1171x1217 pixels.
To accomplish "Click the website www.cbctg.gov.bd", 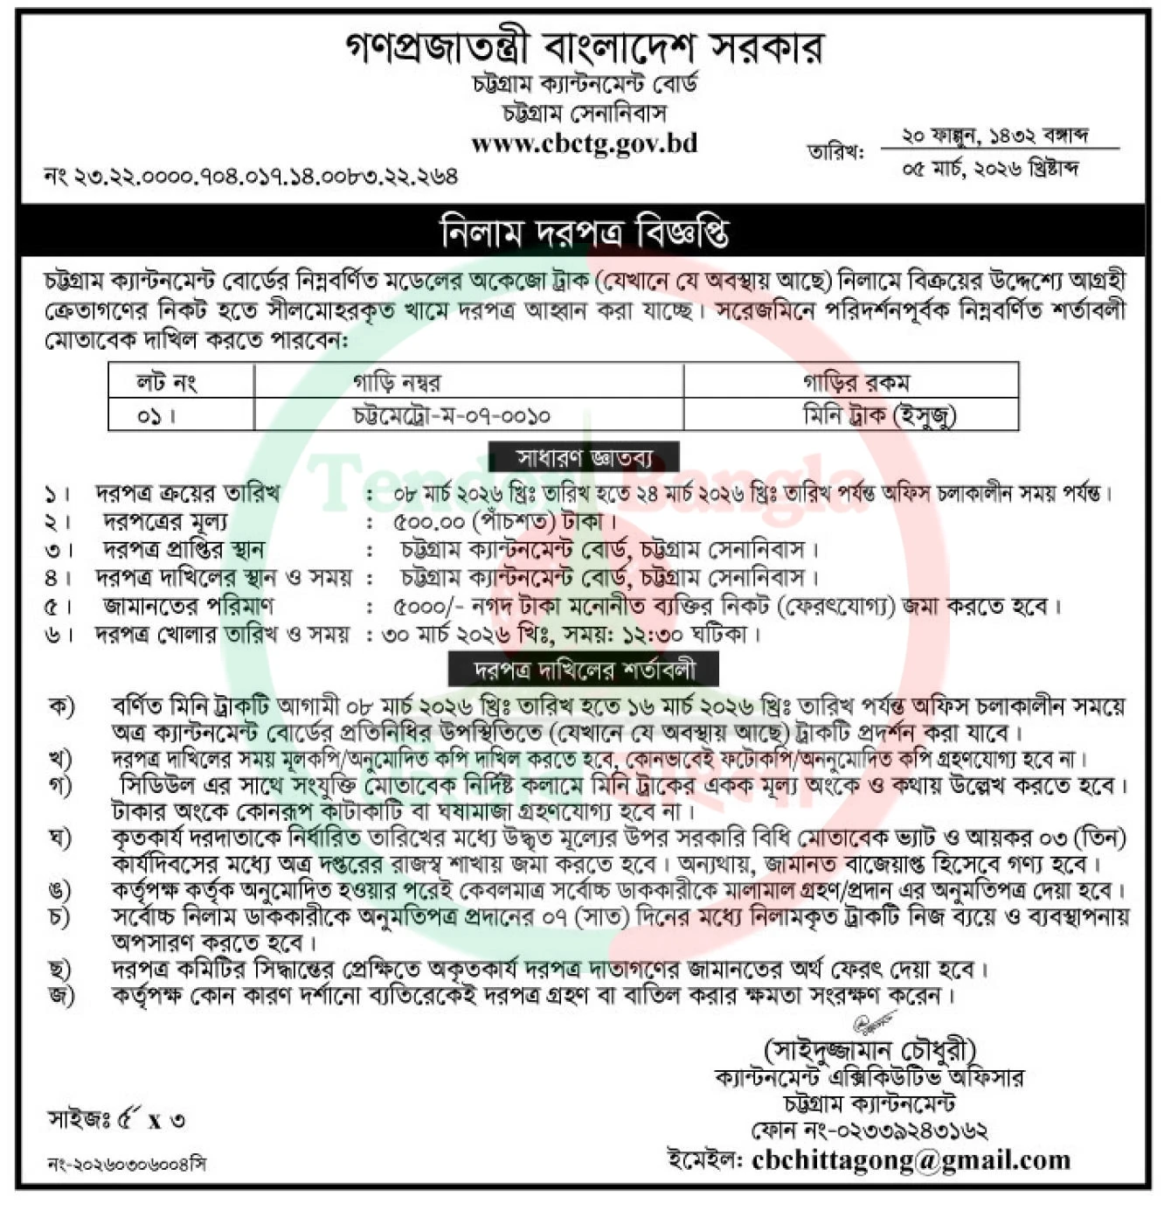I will pos(584,143).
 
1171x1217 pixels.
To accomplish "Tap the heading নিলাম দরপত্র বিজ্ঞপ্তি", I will pos(584,232).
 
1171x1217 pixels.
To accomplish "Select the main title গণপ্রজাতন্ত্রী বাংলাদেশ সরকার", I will pos(584,47).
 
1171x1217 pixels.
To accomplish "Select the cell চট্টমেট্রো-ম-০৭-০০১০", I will pos(451,415).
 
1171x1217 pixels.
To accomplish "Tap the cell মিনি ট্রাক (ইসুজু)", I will pos(879,415).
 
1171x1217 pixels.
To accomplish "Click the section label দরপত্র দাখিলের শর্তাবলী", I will pos(584,670).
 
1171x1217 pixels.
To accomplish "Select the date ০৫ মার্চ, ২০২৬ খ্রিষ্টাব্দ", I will pos(990,168).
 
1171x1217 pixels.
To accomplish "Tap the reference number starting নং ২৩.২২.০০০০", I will pos(252,176).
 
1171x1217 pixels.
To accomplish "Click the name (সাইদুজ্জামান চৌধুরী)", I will pos(870,1049).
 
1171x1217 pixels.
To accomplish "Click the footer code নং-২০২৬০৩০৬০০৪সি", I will pos(128,1164).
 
